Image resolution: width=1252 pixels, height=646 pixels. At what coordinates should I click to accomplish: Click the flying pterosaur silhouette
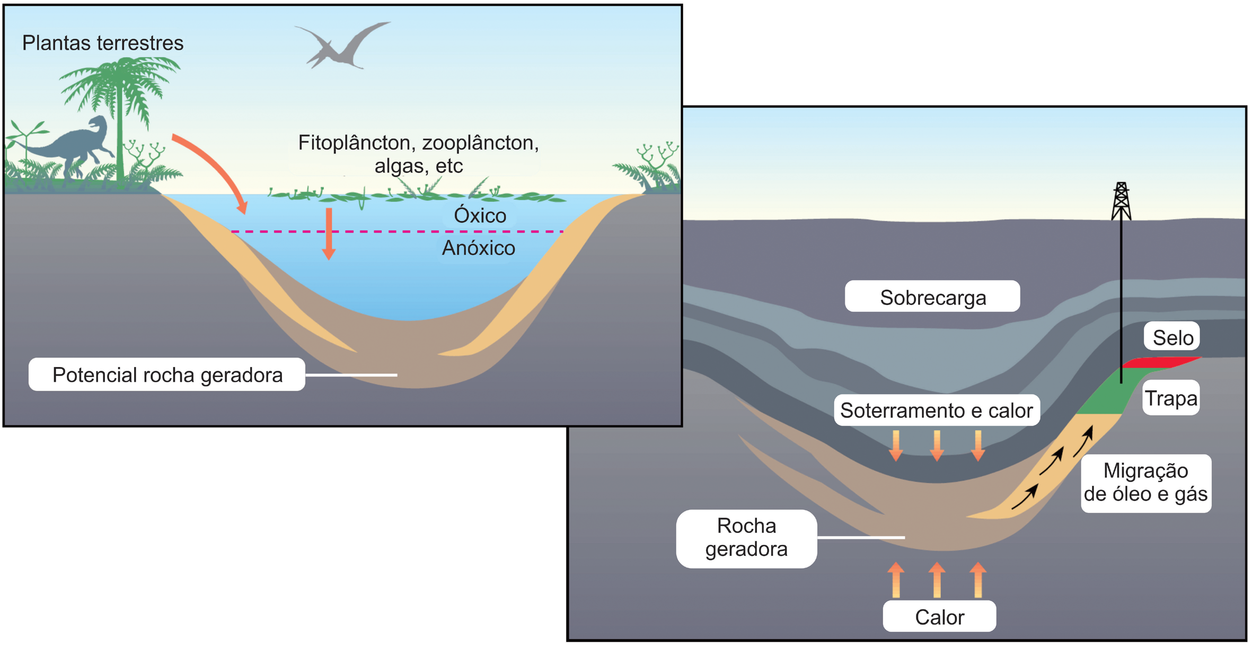(342, 47)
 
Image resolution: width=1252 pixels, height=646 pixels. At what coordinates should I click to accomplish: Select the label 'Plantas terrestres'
(103, 43)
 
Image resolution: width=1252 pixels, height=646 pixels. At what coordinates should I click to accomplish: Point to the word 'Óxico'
(480, 215)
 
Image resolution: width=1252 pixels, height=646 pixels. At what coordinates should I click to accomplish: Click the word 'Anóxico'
(478, 248)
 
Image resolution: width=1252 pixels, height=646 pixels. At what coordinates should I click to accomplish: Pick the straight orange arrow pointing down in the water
(329, 233)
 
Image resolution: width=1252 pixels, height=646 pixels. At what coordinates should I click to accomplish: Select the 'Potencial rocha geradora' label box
(167, 374)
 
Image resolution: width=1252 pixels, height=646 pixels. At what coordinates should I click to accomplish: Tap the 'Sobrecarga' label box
(932, 297)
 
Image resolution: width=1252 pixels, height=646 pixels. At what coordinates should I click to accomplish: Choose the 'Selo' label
(1172, 337)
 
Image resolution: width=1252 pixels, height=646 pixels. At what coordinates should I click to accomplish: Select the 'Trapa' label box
(1171, 398)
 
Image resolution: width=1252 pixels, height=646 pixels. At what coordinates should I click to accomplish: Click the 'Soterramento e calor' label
(937, 410)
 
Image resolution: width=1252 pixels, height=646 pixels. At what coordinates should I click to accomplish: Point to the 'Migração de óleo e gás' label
(1145, 482)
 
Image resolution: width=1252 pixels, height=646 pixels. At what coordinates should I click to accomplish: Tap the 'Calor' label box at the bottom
(939, 616)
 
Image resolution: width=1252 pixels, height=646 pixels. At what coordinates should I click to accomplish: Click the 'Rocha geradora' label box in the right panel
(746, 537)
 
